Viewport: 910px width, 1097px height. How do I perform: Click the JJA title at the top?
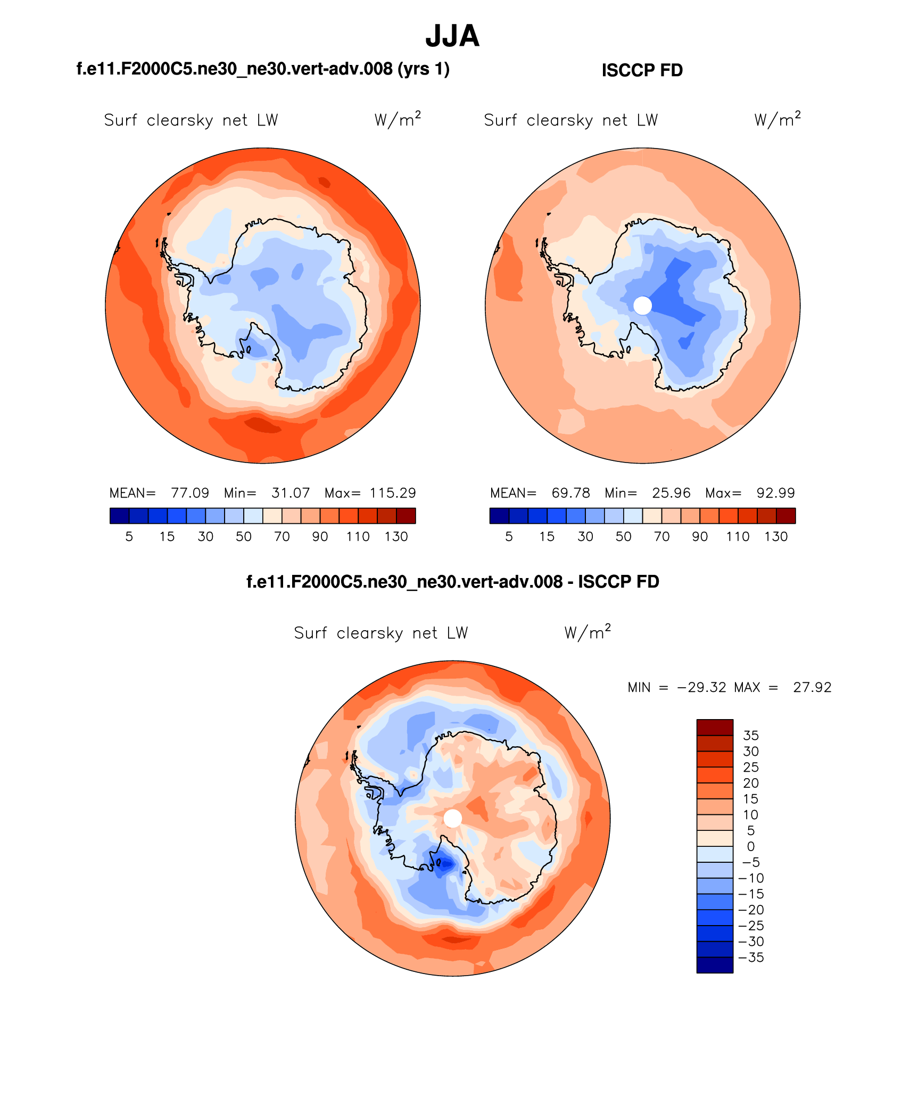(452, 36)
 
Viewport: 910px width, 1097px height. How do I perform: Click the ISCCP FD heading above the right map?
(642, 70)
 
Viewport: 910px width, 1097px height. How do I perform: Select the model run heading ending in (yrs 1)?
(263, 69)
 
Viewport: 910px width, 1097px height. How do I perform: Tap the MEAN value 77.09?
(190, 493)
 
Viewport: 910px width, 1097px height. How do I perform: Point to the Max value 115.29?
(393, 493)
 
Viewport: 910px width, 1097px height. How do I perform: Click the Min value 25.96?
(671, 493)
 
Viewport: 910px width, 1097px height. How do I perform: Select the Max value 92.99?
(775, 493)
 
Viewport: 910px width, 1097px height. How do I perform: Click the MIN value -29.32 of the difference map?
(701, 687)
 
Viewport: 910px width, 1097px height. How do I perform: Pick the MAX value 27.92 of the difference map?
(812, 687)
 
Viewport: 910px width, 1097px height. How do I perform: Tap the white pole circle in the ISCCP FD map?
(642, 306)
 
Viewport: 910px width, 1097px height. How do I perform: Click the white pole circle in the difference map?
(452, 818)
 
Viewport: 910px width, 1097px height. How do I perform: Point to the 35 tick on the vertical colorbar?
(751, 735)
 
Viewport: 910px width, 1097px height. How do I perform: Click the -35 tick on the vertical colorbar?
(751, 958)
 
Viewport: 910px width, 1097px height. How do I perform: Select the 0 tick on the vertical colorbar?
(751, 846)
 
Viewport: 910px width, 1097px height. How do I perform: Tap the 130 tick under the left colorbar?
(396, 537)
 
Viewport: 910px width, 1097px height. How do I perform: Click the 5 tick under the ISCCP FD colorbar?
(509, 537)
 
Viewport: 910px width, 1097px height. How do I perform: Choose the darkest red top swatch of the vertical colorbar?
(715, 727)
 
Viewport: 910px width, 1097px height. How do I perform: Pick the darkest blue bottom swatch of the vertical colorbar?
(715, 965)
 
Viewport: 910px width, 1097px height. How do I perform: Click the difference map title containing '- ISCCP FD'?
(452, 582)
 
